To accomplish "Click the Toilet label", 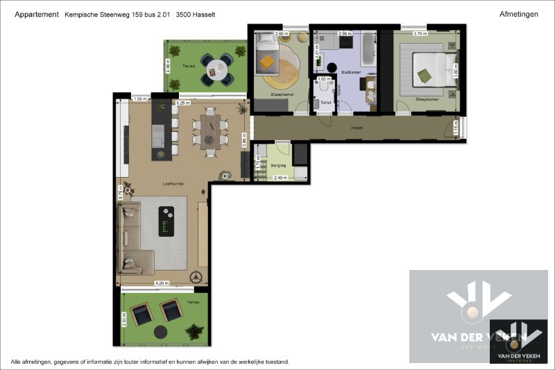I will pyautogui.click(x=325, y=103).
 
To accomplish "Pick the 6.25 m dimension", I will pyautogui.click(x=183, y=103).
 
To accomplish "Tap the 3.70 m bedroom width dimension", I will pyautogui.click(x=420, y=33).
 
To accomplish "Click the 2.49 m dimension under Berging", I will pyautogui.click(x=281, y=178).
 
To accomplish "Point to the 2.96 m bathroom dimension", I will pyautogui.click(x=345, y=33).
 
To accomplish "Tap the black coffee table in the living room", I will pyautogui.click(x=166, y=221).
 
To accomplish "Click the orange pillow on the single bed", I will pyautogui.click(x=267, y=62).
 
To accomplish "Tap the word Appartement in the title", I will pyautogui.click(x=36, y=14).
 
